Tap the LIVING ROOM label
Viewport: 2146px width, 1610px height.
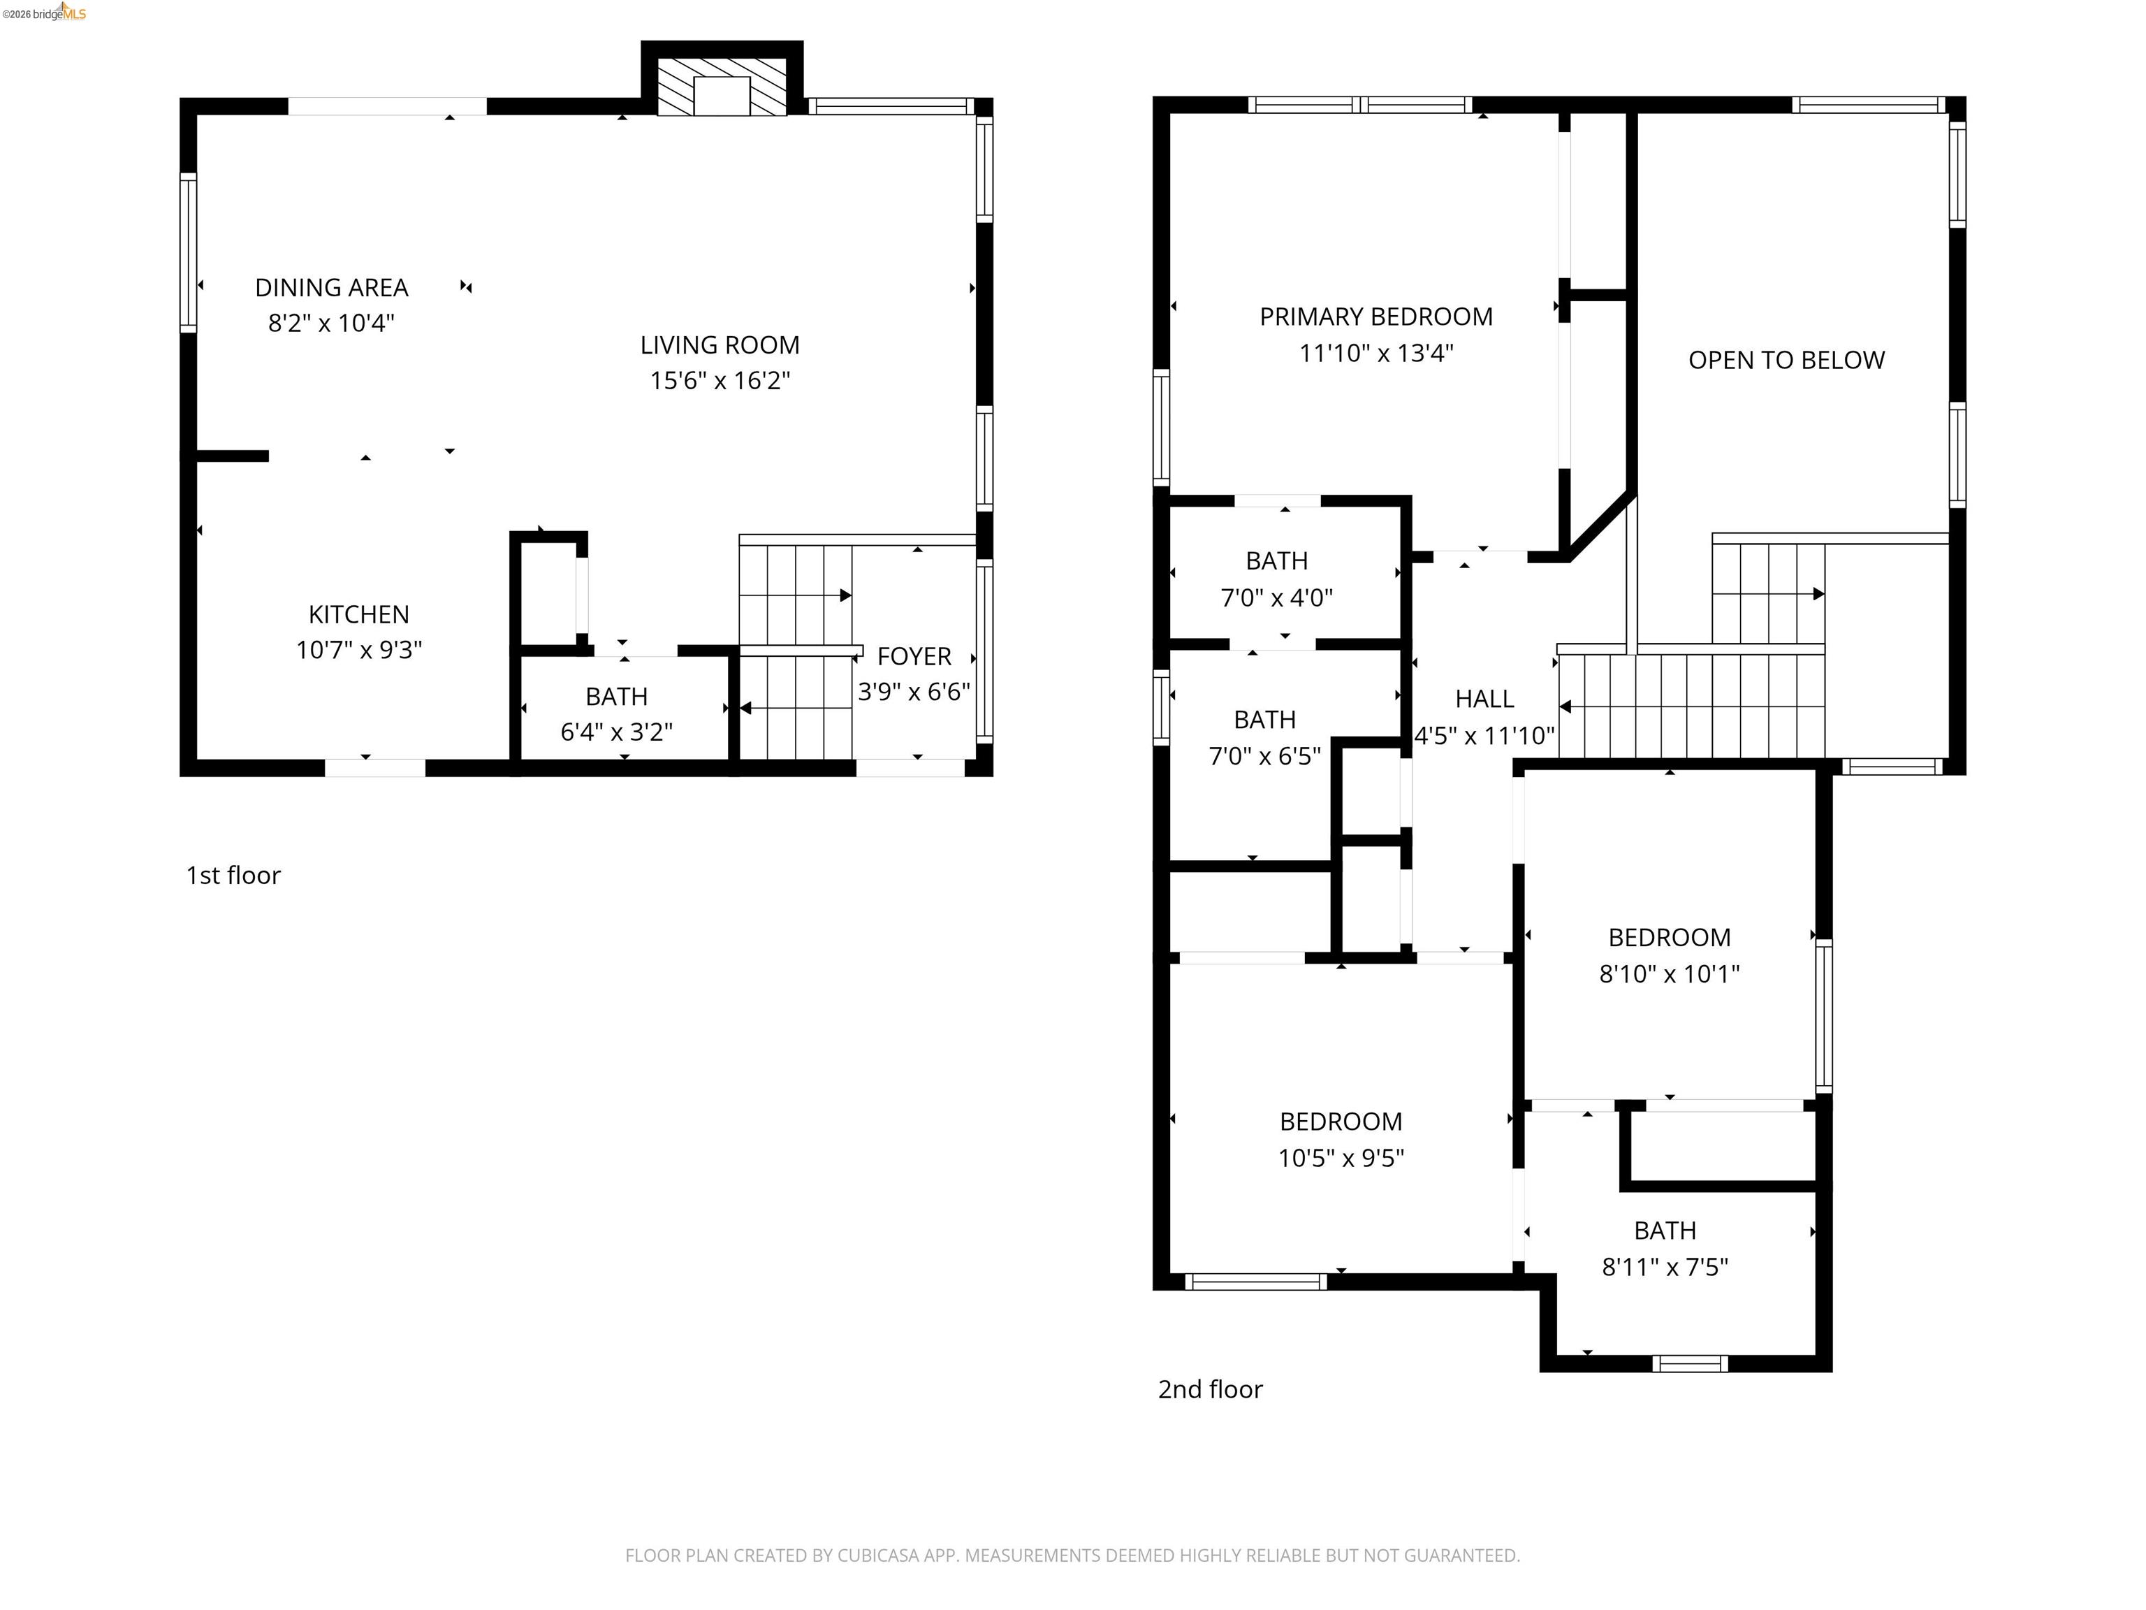pos(720,345)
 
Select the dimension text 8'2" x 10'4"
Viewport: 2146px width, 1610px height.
pos(331,323)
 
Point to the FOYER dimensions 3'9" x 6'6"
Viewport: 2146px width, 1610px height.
pos(913,692)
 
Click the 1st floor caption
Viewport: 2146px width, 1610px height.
pos(233,876)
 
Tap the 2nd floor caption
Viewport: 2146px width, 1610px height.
pos(1210,1390)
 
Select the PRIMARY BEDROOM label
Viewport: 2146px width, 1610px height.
pos(1375,317)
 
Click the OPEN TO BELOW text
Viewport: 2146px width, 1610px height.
pos(1786,360)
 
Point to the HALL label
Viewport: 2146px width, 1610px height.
pos(1484,699)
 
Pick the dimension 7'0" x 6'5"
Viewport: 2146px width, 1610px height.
pos(1264,756)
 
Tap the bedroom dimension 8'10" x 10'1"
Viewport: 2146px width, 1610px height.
pos(1669,973)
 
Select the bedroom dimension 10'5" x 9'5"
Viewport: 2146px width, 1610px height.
pos(1341,1158)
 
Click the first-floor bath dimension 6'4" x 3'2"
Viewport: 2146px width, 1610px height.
pos(616,732)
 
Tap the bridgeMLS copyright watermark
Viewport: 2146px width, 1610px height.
pos(43,13)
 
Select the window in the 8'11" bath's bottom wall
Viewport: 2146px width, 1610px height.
pos(1689,1363)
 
